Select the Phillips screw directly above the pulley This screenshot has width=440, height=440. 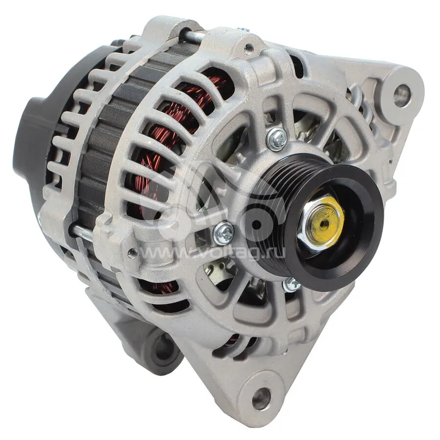(x=277, y=139)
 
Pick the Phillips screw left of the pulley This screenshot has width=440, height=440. (x=224, y=233)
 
